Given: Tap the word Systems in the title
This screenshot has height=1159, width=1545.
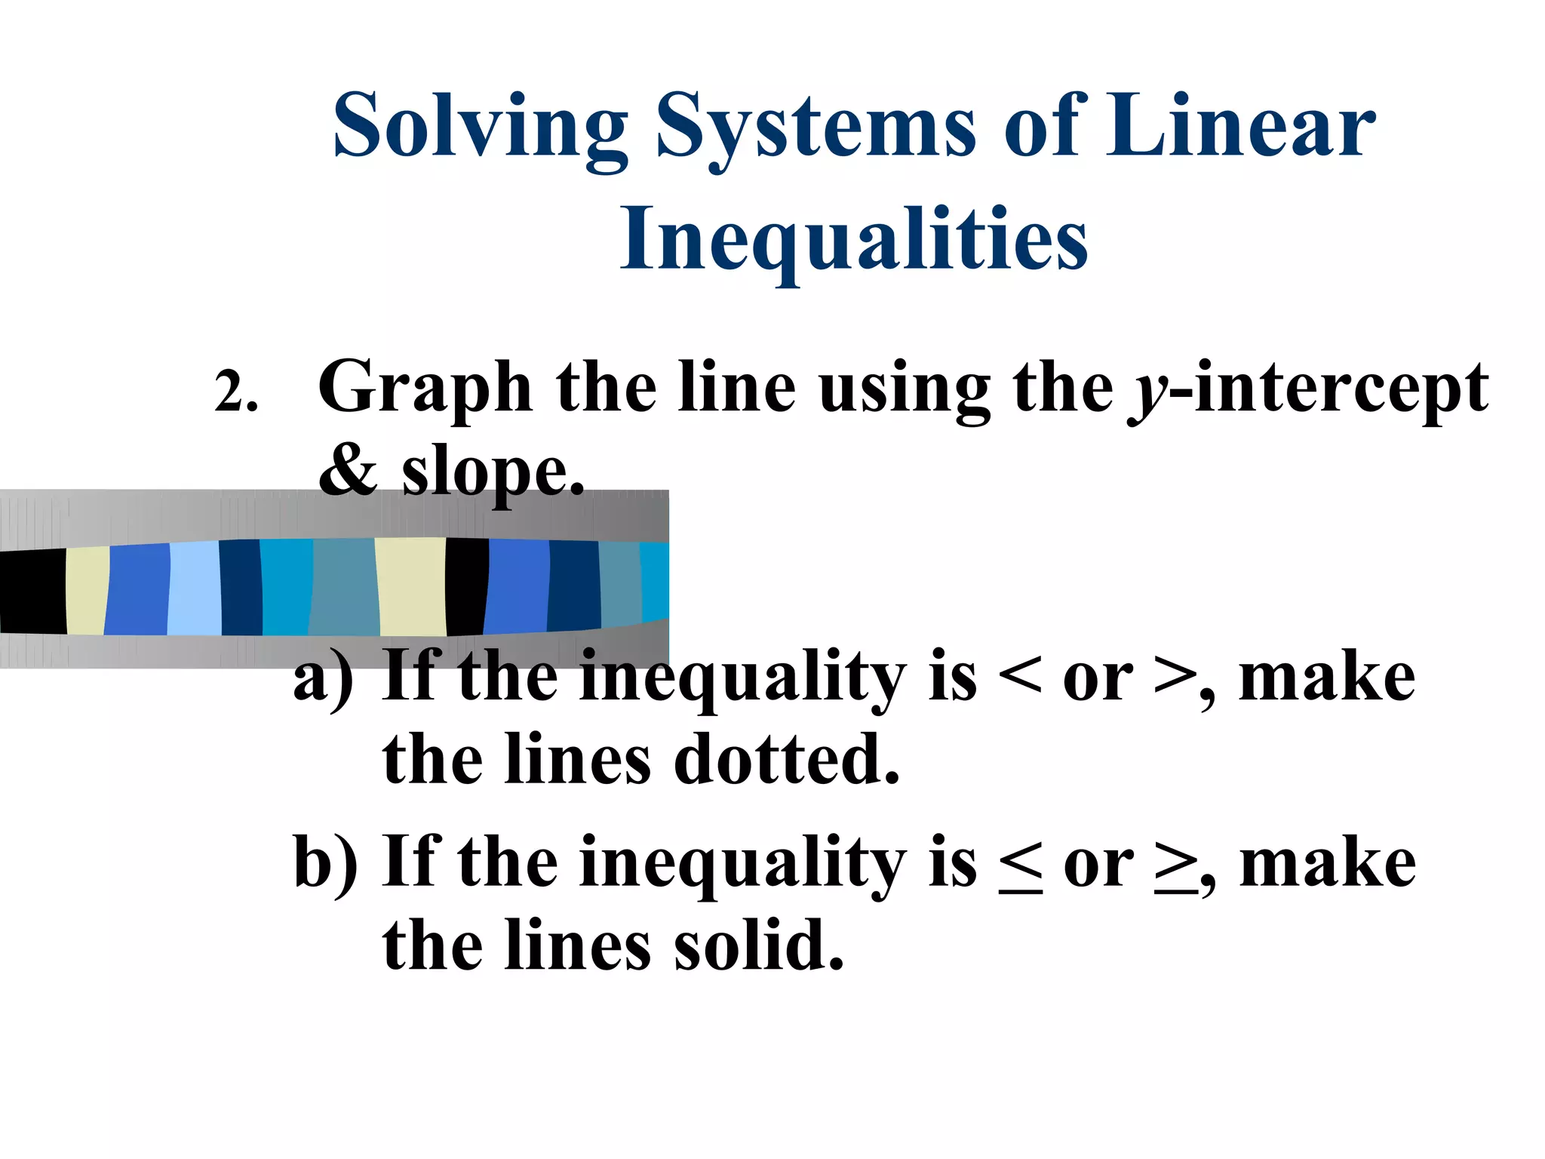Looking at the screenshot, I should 816,127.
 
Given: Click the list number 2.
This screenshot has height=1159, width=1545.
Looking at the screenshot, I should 235,392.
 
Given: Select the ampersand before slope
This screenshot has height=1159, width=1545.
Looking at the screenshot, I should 348,472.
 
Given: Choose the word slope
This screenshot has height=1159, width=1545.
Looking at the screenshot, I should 493,474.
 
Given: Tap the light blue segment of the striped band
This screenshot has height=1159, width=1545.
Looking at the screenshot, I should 195,589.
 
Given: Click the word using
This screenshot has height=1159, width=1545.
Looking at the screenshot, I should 905,390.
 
